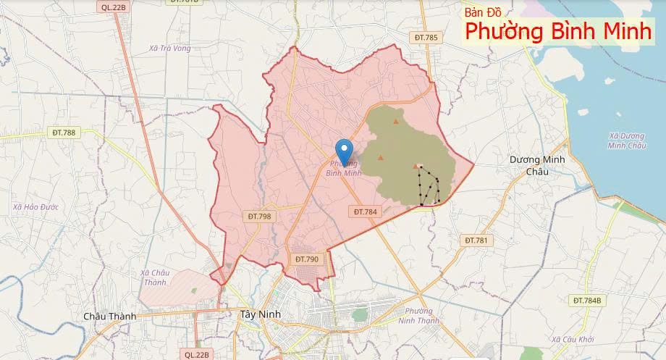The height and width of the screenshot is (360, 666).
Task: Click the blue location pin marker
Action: pos(344,151)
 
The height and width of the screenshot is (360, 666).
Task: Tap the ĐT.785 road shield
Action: pos(426,37)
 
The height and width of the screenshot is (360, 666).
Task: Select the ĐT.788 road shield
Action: pos(64,133)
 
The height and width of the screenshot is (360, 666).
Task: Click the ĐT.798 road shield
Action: pos(259,216)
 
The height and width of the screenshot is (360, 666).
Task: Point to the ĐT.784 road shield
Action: pos(365,212)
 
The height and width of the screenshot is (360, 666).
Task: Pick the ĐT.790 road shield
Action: pos(307,259)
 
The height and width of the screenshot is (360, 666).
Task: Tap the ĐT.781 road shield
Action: pos(478,240)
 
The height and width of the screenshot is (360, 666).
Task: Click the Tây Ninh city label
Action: pos(259,314)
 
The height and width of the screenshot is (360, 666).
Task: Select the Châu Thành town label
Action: pos(109,316)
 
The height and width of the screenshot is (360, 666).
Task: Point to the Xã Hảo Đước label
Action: pos(35,207)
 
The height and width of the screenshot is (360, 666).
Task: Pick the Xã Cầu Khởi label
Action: pos(572,339)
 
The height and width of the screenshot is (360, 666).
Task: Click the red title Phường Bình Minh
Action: pos(558,32)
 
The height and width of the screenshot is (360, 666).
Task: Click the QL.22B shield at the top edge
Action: pos(114,7)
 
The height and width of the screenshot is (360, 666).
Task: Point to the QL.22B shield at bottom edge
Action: pos(196,354)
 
